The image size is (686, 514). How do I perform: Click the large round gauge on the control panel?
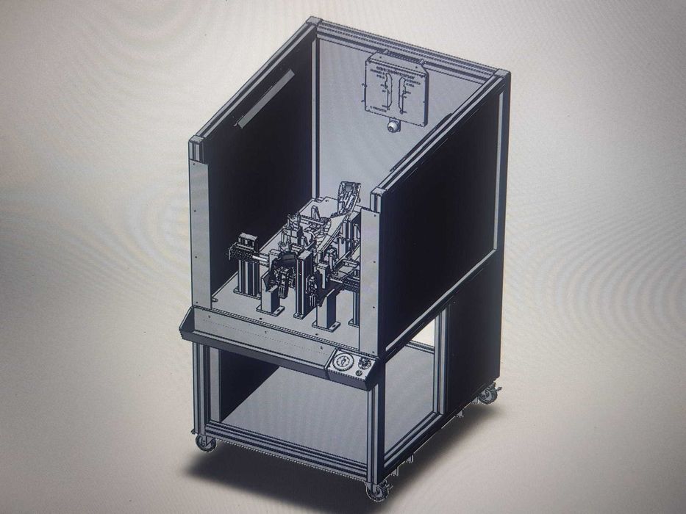pos(342,363)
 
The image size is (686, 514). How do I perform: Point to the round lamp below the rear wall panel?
pos(394,126)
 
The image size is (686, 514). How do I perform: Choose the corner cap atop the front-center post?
pos(378,195)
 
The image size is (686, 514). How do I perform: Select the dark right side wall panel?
pos(441,228)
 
